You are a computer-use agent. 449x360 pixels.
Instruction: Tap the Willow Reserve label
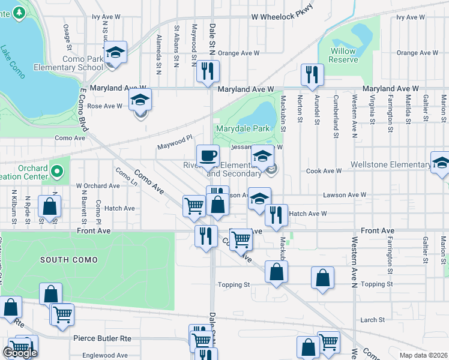[343, 55]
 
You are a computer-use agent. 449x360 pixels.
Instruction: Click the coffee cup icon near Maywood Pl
[208, 155]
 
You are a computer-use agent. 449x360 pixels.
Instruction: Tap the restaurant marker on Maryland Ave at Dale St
[208, 71]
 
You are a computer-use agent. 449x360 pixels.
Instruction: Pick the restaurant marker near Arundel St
[312, 75]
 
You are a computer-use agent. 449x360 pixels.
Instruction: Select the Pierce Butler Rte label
[102, 338]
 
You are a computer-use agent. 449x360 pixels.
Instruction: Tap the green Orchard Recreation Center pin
[58, 172]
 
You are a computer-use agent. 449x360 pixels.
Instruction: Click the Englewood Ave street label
[105, 355]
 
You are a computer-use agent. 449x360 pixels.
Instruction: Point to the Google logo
[19, 353]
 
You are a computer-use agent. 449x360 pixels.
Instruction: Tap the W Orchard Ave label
[98, 186]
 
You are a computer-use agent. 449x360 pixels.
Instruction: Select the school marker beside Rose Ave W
[140, 100]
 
